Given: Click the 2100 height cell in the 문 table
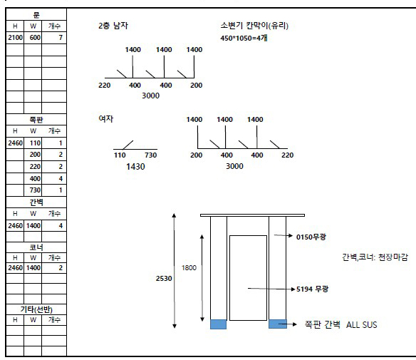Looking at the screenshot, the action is click(x=15, y=38).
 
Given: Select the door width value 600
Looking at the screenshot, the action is click(x=35, y=38).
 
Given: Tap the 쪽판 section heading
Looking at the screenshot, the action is click(x=36, y=120).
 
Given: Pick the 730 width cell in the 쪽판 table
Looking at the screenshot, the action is click(x=35, y=190).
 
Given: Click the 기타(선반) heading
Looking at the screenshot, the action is click(x=36, y=309).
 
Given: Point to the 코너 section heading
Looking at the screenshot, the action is click(x=36, y=247).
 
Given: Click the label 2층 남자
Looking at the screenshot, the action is click(x=113, y=26).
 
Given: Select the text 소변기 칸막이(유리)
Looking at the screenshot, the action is click(x=254, y=26).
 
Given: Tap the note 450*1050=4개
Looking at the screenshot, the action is click(x=244, y=38).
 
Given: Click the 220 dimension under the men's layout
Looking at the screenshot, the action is click(x=104, y=86).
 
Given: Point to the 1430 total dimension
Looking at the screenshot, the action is click(x=135, y=167).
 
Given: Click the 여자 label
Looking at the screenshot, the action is click(x=106, y=118).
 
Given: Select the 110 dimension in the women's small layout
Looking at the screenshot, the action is click(x=120, y=155).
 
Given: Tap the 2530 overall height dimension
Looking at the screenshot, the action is click(x=164, y=279).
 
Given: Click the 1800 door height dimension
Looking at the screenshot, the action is click(x=189, y=268).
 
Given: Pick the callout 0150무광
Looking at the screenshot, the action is click(x=311, y=237).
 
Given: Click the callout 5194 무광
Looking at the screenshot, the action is click(x=312, y=289).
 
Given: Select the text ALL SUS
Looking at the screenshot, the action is click(x=362, y=324).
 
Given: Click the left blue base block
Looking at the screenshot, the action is click(x=219, y=324).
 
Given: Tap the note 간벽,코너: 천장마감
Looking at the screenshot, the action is click(x=375, y=257).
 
